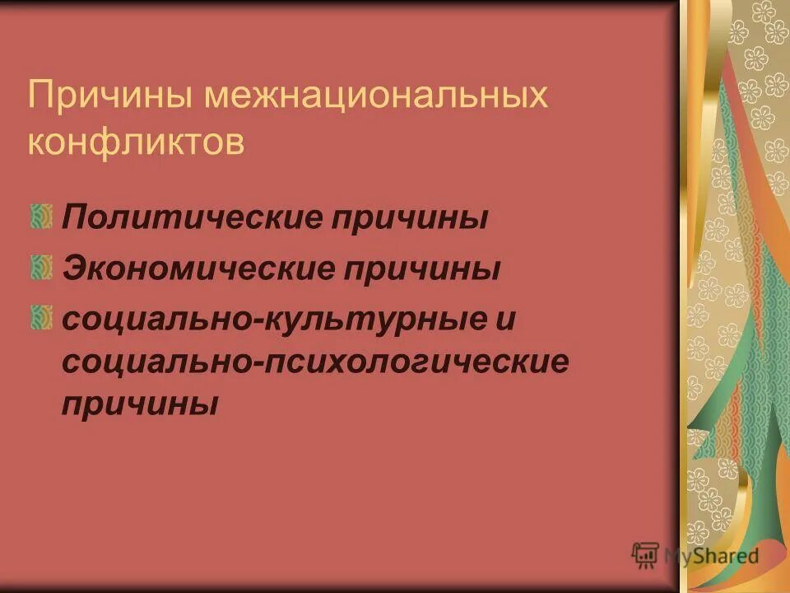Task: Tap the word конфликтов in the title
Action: click(x=136, y=143)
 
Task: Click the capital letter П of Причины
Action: click(x=40, y=97)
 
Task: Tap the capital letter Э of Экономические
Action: click(x=71, y=268)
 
